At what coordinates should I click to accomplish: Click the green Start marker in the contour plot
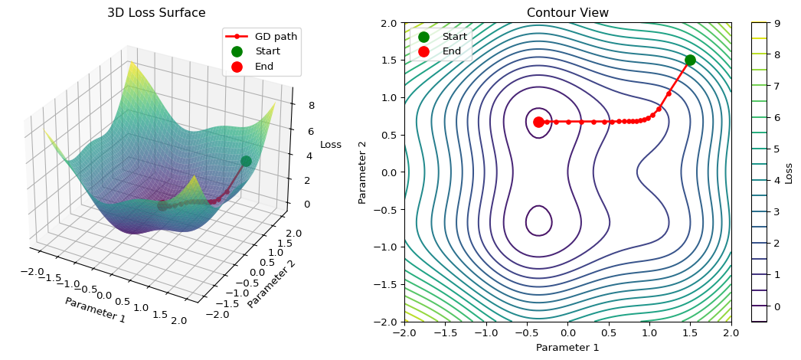[x=690, y=60]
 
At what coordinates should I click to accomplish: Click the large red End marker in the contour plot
[x=538, y=122]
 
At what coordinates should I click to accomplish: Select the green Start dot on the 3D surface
[x=246, y=161]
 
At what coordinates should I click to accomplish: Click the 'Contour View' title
[x=567, y=13]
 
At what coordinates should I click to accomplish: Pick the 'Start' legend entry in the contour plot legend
[x=454, y=36]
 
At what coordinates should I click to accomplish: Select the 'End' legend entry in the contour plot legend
[x=451, y=51]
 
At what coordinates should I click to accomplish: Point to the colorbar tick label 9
[x=776, y=23]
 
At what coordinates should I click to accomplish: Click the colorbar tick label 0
[x=776, y=306]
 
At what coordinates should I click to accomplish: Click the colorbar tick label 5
[x=776, y=149]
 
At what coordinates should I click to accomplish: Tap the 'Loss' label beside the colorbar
[x=790, y=172]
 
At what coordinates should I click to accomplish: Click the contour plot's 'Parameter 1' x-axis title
[x=567, y=348]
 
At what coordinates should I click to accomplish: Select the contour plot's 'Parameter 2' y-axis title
[x=363, y=172]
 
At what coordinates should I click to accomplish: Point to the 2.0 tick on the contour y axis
[x=390, y=23]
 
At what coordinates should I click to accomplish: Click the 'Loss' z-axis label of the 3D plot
[x=331, y=145]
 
